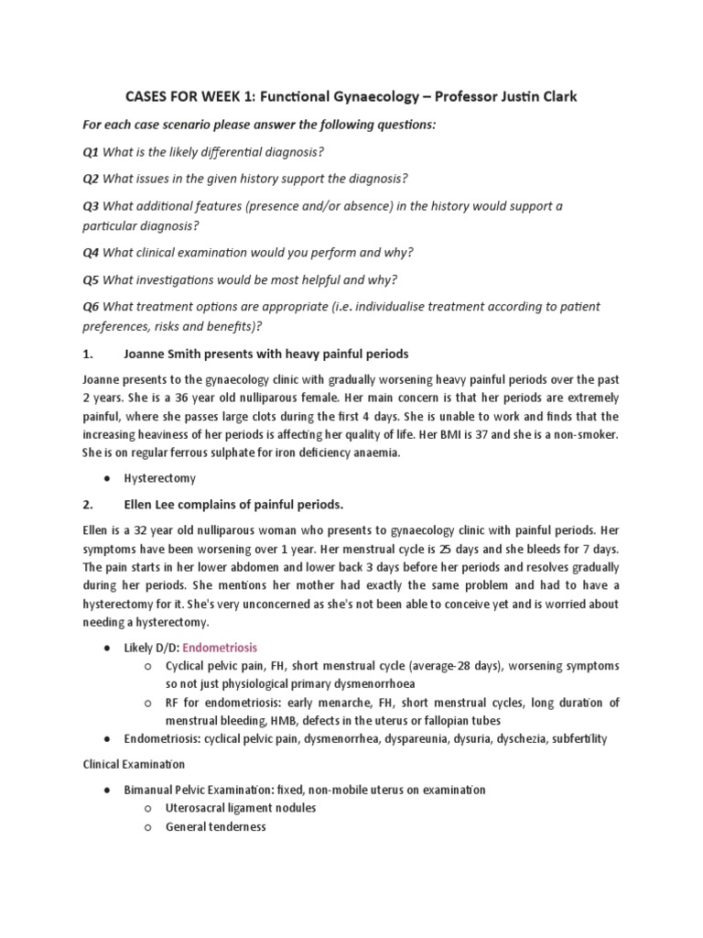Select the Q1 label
91,151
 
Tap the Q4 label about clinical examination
91,252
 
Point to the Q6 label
91,306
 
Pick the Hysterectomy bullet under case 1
160,478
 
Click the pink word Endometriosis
220,648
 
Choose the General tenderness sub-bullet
215,826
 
